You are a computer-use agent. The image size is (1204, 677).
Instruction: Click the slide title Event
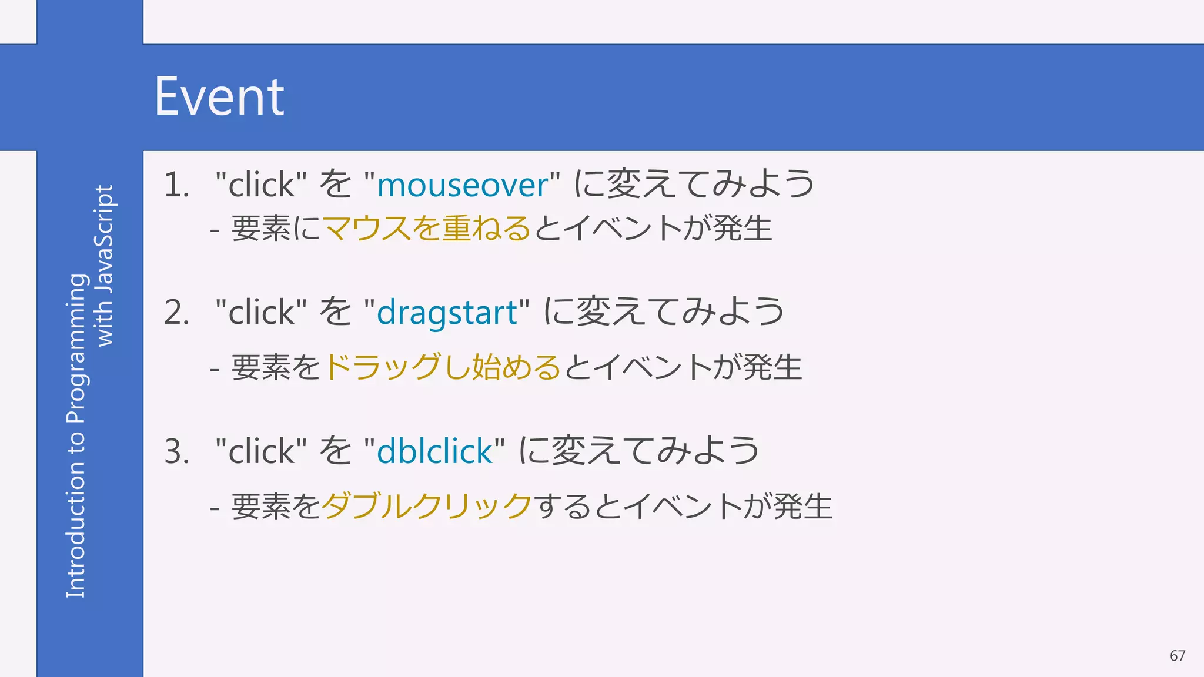click(219, 97)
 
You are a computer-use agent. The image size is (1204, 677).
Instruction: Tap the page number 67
click(1177, 656)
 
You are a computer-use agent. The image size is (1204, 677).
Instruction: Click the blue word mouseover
click(462, 185)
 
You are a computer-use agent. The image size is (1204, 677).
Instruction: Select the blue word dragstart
click(447, 312)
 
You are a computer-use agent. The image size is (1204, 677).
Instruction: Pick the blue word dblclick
click(434, 451)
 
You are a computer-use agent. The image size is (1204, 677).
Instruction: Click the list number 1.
click(176, 185)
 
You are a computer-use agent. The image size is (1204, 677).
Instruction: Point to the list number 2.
click(176, 312)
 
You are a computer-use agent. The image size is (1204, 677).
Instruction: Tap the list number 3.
click(176, 451)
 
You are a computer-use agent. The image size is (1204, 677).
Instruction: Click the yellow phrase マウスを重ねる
click(427, 228)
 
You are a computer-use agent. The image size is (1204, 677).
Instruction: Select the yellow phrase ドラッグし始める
click(442, 367)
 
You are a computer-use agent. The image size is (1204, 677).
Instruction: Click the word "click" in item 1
click(261, 185)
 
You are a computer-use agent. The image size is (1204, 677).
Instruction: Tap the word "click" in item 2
click(261, 312)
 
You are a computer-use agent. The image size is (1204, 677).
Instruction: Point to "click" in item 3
click(261, 451)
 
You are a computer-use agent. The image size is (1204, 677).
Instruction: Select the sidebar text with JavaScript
click(105, 266)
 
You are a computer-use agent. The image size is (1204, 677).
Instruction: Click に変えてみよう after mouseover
click(694, 184)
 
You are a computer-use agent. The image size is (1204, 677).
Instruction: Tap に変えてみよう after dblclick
click(639, 451)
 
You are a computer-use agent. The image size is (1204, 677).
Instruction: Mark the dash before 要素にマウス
click(215, 230)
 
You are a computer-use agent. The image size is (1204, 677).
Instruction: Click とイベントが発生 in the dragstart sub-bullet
click(683, 367)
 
